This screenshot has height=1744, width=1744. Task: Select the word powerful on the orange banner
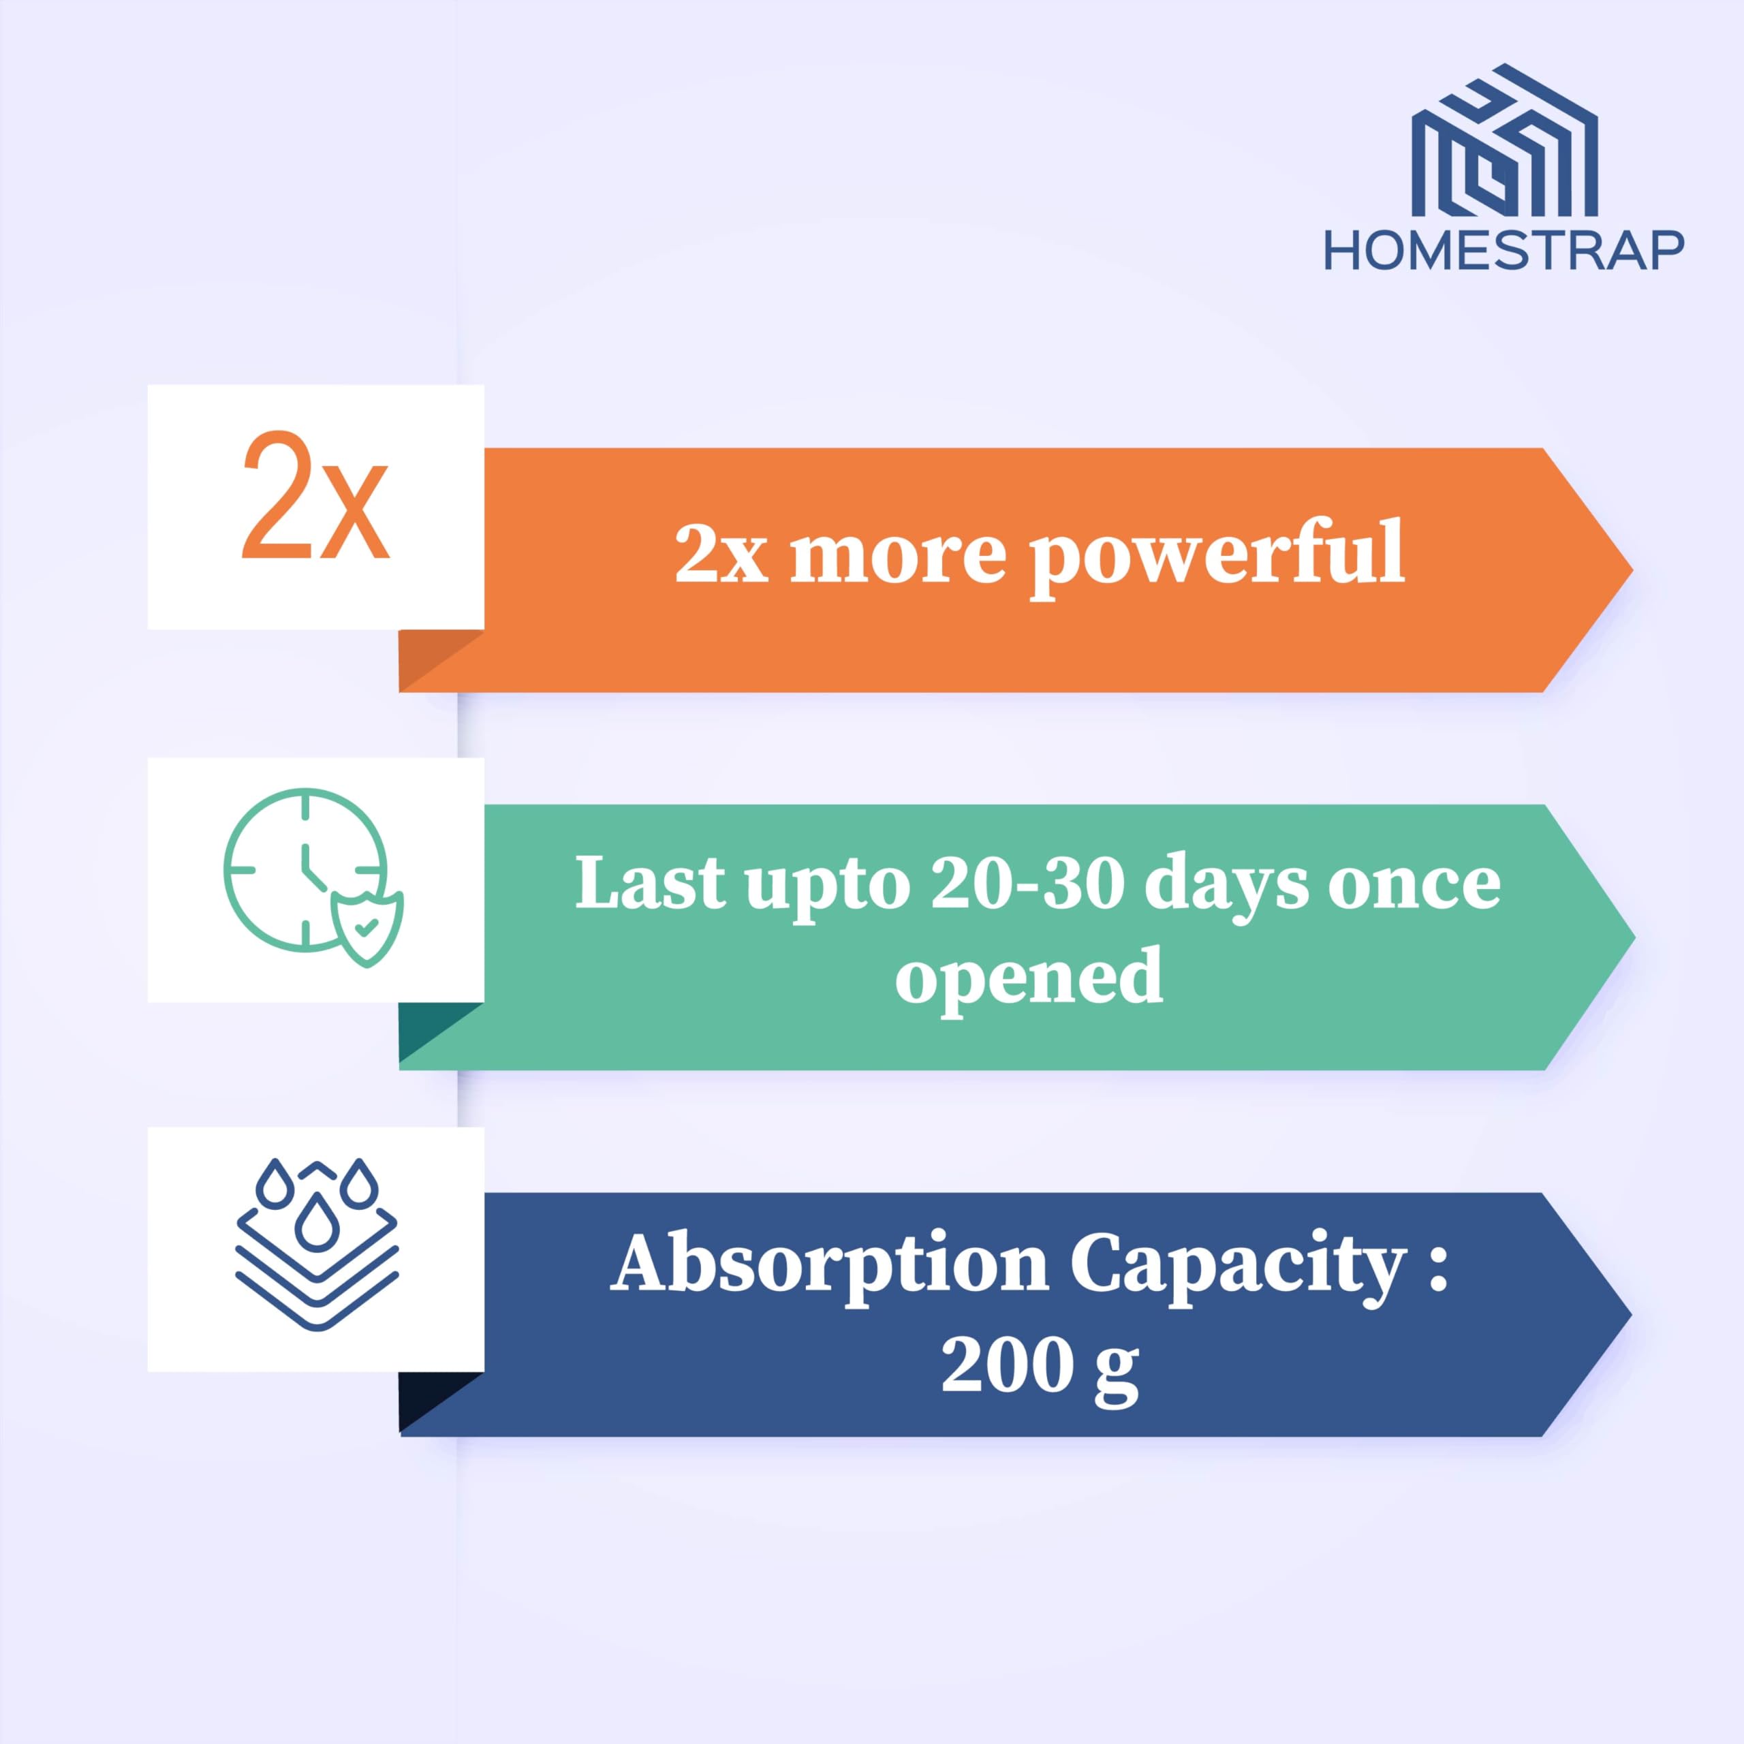(1217, 555)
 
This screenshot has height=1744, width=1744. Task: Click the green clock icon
(305, 869)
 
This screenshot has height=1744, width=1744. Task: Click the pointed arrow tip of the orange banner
(1632, 570)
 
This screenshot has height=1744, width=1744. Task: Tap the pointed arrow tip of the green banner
(1634, 936)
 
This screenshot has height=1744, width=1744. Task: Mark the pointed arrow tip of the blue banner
(1631, 1313)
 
